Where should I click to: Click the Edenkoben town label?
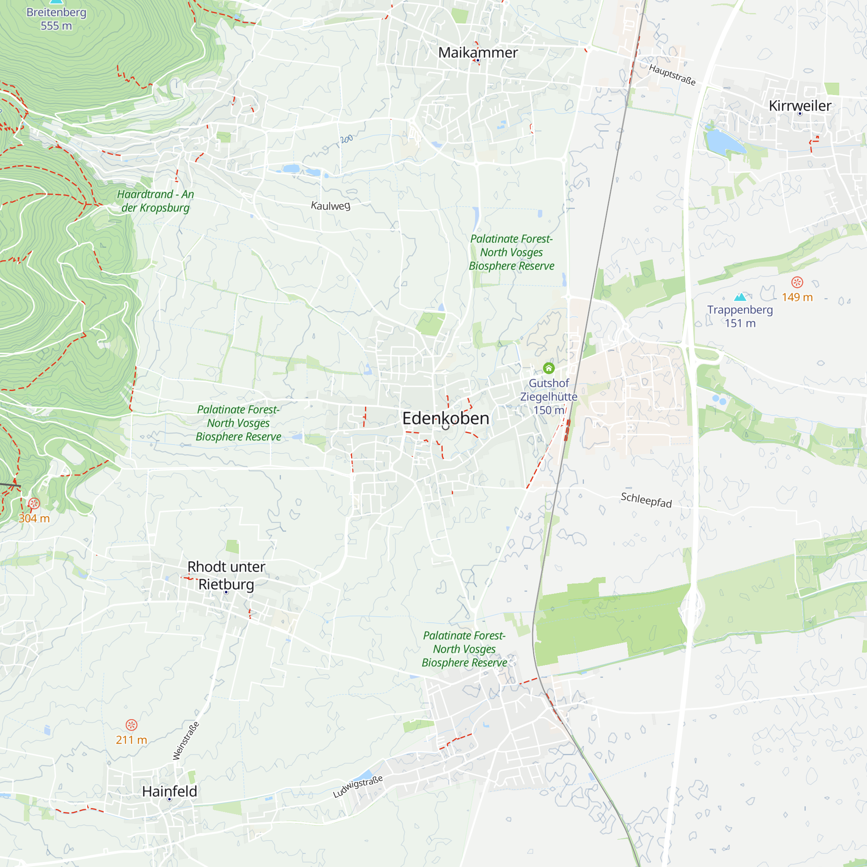point(445,418)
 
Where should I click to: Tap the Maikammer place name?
point(477,52)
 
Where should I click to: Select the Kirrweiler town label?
point(800,105)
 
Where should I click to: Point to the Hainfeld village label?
point(169,791)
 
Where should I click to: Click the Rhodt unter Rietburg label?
point(226,575)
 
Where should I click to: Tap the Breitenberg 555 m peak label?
point(56,18)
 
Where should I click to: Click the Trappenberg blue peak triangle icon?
point(740,297)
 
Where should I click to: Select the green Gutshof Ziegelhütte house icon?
point(548,368)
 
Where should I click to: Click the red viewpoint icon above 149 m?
point(797,282)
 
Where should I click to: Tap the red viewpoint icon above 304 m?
point(34,503)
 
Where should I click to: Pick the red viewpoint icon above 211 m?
point(131,725)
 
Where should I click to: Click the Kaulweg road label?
point(331,205)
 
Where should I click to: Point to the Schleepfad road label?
point(646,499)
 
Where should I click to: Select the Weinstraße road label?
point(186,740)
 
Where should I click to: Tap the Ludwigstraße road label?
point(358,786)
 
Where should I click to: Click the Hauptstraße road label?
point(672,75)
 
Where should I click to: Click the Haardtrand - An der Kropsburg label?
point(155,201)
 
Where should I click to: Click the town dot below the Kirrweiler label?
point(800,114)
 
